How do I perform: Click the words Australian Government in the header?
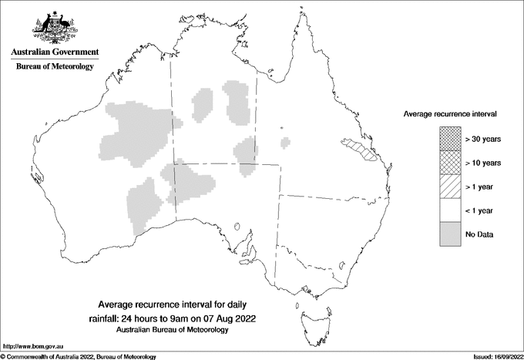(x=55, y=52)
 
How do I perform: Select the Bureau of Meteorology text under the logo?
(x=55, y=67)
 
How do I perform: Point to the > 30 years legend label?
(x=483, y=139)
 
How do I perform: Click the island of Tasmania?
(x=309, y=315)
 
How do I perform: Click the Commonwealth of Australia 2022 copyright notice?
(x=79, y=356)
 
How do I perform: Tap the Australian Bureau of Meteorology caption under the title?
(x=172, y=330)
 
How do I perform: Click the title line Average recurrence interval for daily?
(x=172, y=304)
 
